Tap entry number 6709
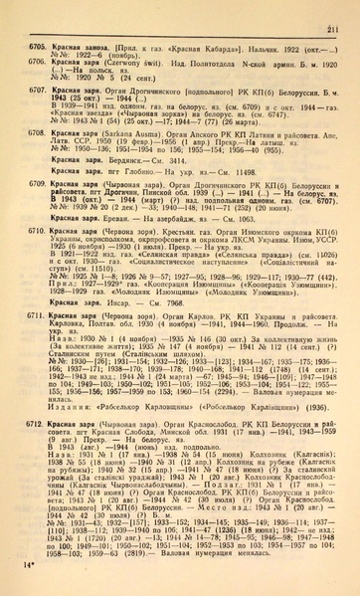tap(31, 185)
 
